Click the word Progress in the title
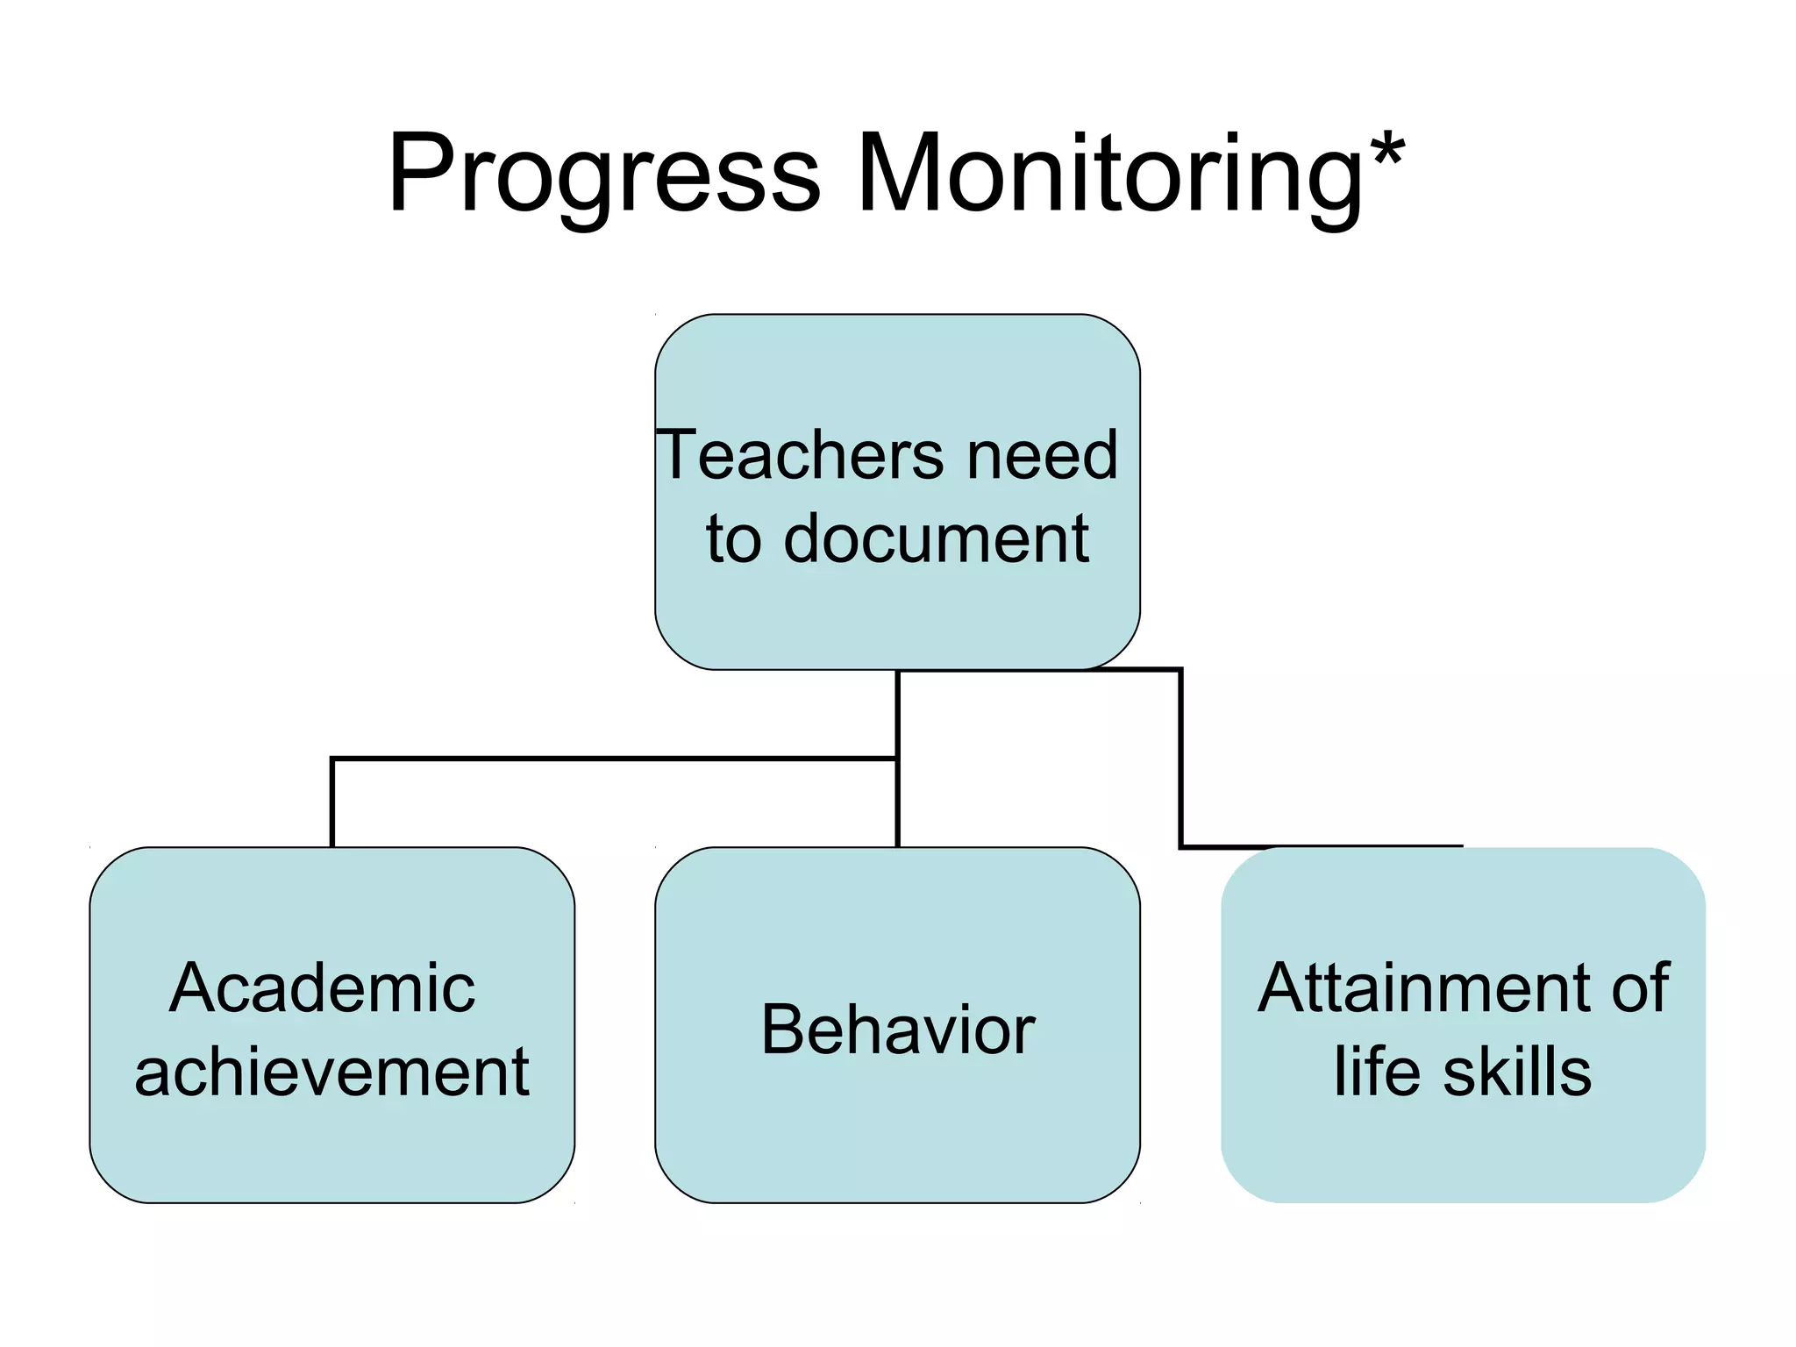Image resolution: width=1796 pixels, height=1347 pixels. point(604,175)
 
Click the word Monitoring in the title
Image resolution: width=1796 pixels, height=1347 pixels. point(1110,175)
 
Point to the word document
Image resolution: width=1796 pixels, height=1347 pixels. point(936,538)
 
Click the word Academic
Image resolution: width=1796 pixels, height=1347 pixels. point(322,988)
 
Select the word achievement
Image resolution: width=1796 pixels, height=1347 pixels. point(331,1072)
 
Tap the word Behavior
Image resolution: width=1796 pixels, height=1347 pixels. point(898,1030)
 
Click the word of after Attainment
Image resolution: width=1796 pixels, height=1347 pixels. point(1640,988)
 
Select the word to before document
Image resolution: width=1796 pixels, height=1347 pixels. point(734,538)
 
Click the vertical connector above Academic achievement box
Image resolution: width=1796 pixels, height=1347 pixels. point(332,802)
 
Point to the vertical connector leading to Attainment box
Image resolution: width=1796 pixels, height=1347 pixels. point(1180,759)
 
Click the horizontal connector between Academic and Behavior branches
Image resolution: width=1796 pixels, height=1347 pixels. point(614,759)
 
